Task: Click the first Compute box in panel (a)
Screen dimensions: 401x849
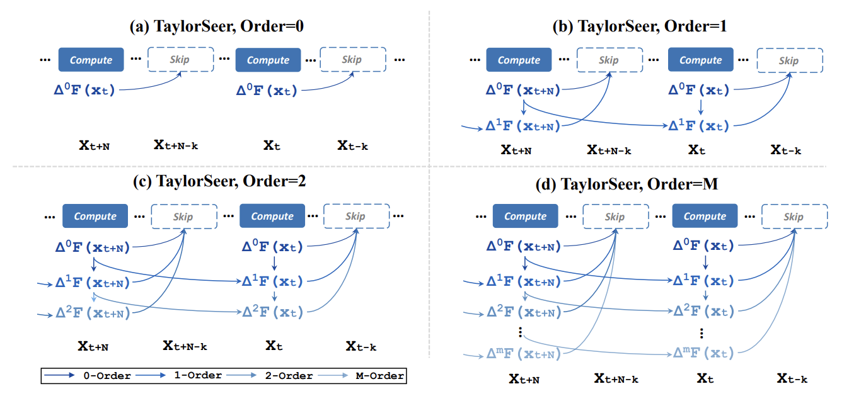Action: (91, 60)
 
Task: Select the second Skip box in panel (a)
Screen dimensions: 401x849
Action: (352, 60)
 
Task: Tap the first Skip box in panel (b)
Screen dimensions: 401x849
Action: (608, 60)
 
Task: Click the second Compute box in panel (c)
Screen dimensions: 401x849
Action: (272, 216)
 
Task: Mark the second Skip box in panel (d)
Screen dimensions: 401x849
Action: (793, 216)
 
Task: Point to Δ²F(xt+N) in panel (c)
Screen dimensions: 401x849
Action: (93, 312)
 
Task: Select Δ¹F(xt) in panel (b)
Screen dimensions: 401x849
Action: (698, 126)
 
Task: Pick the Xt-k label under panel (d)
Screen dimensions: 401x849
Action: (792, 378)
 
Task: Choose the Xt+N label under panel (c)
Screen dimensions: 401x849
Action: (93, 346)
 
